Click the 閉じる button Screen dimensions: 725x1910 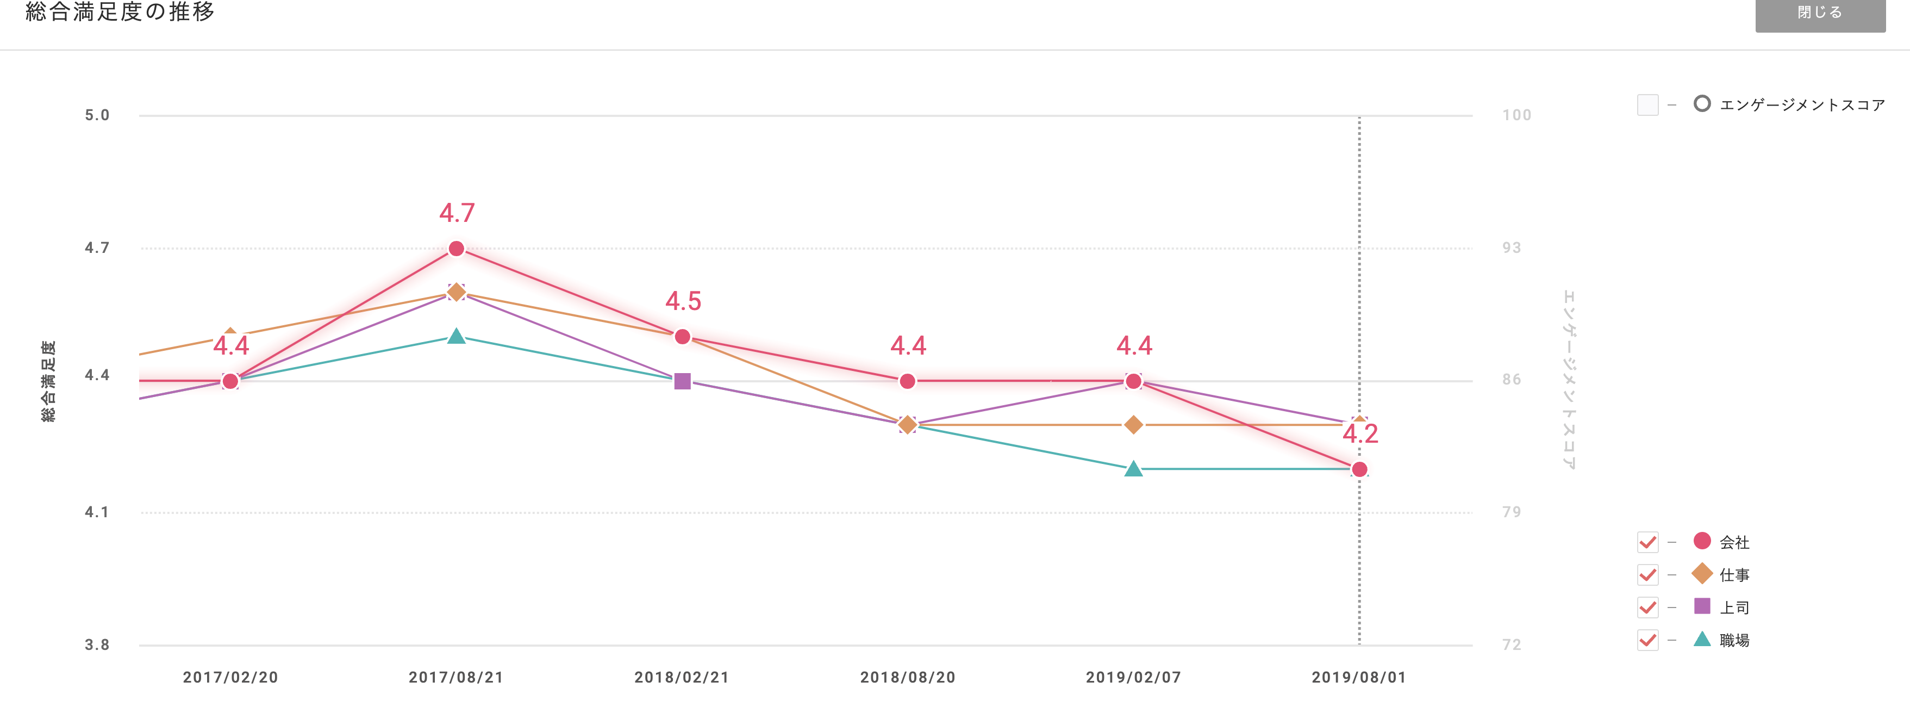[1820, 14]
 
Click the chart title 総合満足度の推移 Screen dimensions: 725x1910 [120, 12]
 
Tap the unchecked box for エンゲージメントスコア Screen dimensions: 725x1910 [1647, 104]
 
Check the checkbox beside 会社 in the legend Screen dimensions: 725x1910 [1647, 542]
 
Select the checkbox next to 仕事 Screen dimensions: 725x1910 [1647, 575]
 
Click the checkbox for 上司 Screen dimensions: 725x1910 [1647, 608]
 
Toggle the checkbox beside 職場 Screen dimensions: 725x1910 [1647, 640]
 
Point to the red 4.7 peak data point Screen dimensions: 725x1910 [457, 249]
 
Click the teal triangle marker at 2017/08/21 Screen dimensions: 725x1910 [457, 337]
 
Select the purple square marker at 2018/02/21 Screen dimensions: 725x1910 [683, 381]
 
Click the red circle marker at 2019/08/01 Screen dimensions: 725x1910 [1359, 469]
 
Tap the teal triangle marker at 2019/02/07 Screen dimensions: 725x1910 [1133, 469]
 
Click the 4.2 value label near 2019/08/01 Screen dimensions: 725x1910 [1360, 434]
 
